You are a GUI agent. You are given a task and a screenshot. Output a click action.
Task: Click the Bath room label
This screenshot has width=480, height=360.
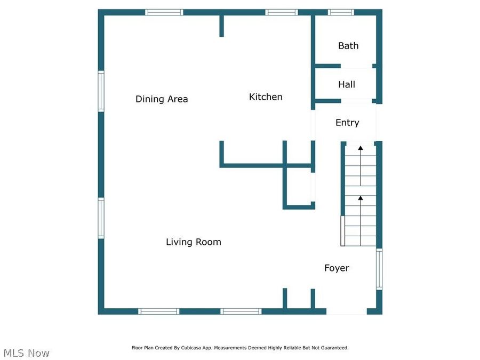[x=348, y=46]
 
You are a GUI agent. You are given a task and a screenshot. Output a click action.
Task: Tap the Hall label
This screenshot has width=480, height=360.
[x=347, y=84]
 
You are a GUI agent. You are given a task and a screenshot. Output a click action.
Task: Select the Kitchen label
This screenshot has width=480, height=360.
[x=266, y=97]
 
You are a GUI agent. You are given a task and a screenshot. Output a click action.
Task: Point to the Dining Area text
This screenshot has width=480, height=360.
[x=162, y=99]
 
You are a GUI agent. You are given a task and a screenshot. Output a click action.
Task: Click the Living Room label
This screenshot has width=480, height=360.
[x=193, y=242]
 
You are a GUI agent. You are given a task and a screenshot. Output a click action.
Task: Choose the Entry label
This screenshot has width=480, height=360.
[x=347, y=123]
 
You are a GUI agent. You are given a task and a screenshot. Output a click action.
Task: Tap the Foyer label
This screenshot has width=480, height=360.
[x=337, y=268]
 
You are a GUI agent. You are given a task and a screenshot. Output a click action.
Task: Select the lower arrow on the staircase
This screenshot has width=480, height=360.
[x=361, y=198]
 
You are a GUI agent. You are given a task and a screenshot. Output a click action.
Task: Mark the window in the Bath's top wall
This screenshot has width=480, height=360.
[x=341, y=12]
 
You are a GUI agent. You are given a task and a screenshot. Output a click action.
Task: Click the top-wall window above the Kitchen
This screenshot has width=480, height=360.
[x=282, y=12]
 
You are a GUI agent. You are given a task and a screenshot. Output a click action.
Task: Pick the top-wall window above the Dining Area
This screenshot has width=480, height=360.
[x=164, y=12]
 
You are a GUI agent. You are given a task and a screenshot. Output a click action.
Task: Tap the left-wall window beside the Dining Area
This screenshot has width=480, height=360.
[x=101, y=92]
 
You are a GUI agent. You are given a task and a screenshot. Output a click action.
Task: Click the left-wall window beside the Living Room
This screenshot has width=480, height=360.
[x=101, y=218]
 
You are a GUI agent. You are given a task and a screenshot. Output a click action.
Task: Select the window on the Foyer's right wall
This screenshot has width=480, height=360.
[x=379, y=269]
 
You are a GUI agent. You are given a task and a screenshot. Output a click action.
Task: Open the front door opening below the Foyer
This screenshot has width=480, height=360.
[x=346, y=311]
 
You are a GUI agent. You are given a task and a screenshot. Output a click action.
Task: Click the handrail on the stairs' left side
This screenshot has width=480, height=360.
[x=343, y=231]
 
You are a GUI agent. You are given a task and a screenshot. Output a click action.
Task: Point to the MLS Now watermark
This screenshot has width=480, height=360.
[x=26, y=353]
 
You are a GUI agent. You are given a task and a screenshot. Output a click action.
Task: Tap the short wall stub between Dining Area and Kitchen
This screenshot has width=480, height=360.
[x=221, y=26]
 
